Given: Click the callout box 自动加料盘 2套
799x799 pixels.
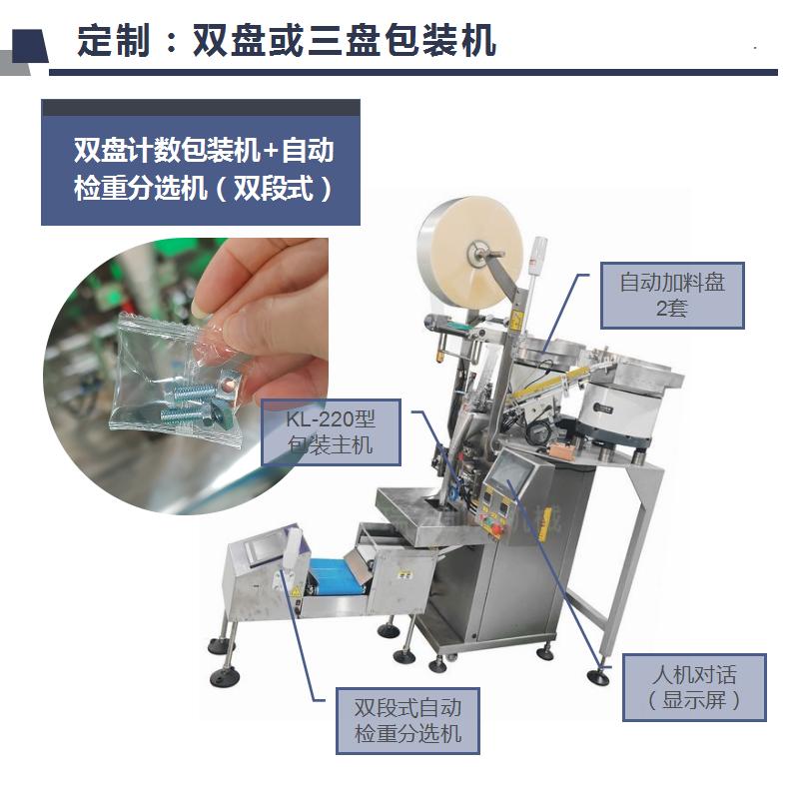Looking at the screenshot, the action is click(x=672, y=295).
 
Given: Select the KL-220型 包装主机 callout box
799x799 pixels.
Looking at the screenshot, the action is click(x=331, y=432).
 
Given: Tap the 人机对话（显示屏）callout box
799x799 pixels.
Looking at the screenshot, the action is click(x=694, y=687).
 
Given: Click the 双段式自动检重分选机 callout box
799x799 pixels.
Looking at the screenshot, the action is click(x=407, y=720).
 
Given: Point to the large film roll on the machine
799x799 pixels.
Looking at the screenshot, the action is click(x=469, y=253).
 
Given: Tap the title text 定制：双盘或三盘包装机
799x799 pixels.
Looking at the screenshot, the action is click(x=287, y=40).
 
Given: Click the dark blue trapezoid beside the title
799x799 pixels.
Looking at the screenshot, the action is click(x=30, y=46).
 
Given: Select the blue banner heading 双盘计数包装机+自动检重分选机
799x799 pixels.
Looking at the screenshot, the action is click(x=204, y=169).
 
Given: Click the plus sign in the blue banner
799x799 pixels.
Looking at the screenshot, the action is click(x=271, y=151).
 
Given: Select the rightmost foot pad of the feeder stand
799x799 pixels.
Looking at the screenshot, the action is click(x=598, y=677).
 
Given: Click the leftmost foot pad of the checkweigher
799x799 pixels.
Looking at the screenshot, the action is click(x=224, y=677).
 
